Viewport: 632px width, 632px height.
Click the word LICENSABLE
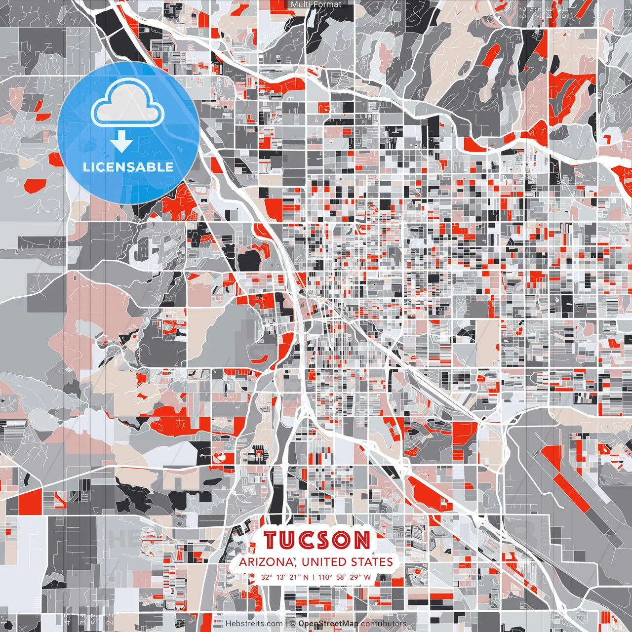[x=128, y=167]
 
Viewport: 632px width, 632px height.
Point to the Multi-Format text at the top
[x=316, y=4]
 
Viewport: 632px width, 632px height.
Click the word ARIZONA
[x=267, y=562]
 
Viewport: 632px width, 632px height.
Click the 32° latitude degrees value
[x=267, y=577]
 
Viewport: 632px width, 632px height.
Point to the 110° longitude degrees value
[x=325, y=577]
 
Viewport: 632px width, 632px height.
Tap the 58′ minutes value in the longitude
[x=341, y=577]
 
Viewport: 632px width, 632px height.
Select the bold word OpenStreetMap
[x=328, y=624]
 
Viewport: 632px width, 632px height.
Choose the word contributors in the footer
[x=383, y=624]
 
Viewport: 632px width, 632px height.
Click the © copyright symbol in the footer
[x=293, y=624]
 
